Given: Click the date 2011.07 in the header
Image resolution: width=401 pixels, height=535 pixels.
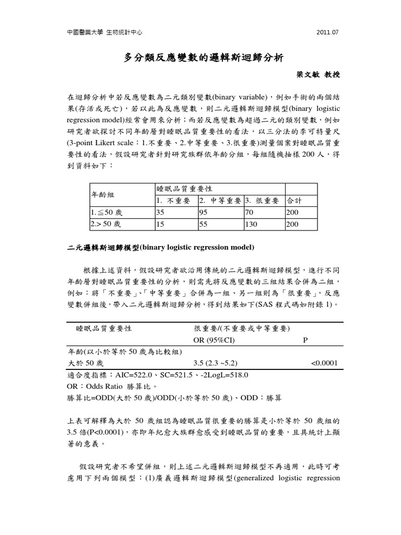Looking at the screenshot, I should coord(328,32).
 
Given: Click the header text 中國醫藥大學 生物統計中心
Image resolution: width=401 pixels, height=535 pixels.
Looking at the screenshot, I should coord(105,32).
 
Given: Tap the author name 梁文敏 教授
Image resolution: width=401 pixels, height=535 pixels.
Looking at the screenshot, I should coord(319,75).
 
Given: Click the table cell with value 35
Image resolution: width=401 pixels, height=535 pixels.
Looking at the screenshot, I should coord(160,213).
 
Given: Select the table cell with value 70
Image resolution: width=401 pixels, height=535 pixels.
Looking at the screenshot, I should coord(249,213).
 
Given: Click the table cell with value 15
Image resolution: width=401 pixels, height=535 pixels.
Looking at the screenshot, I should coord(160,224).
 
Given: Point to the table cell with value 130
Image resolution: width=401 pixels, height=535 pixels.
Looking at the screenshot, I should coord(251,224).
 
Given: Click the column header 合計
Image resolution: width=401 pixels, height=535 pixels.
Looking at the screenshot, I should coord(294,201).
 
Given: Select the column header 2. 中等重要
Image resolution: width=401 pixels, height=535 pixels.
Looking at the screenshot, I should coord(219,201).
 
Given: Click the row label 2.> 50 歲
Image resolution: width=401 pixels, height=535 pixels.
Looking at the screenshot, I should coord(106,224).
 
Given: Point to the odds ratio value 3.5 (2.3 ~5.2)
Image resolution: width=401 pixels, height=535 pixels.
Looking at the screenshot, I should coord(216,363).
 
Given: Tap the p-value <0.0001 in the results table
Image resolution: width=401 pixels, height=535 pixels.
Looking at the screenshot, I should coord(324,363).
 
